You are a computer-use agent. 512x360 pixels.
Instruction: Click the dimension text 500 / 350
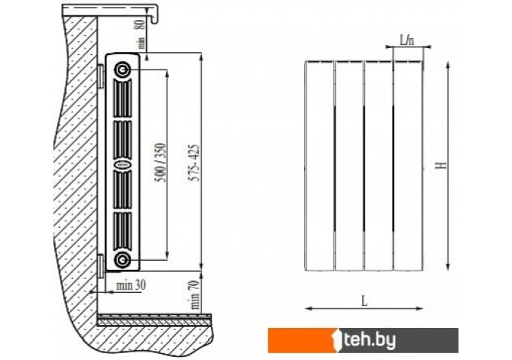(160, 162)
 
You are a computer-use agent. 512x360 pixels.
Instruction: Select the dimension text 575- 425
(195, 163)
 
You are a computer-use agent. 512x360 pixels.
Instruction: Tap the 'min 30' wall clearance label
(131, 286)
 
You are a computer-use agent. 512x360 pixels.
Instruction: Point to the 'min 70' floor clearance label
(195, 295)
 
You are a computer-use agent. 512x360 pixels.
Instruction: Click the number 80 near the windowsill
(140, 24)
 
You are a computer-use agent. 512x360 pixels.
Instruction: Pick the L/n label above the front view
(407, 41)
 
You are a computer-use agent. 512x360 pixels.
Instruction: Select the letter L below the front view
(365, 301)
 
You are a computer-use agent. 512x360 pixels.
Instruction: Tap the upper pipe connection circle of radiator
(122, 70)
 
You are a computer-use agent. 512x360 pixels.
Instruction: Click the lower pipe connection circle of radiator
(122, 260)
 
